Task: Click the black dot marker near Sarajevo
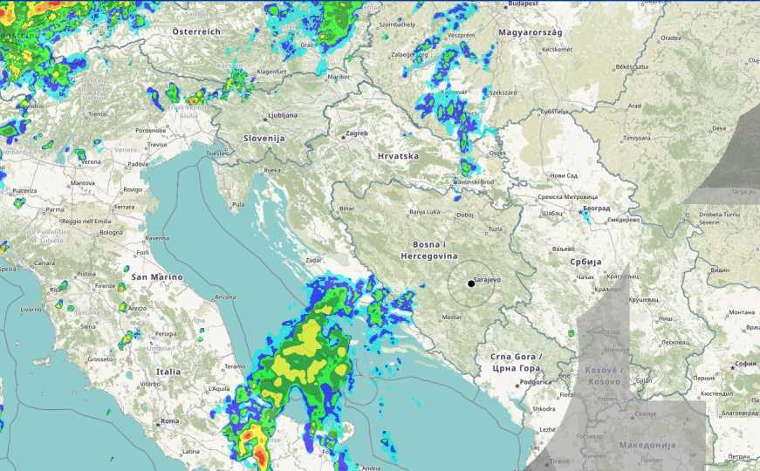[x=471, y=283]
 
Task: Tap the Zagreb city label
[x=358, y=133]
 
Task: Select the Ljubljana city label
[x=283, y=115]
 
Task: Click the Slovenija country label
[x=264, y=139]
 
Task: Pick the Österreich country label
[x=196, y=31]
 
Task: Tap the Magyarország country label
[x=531, y=32]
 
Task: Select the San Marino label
[x=157, y=276]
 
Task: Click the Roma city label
[x=168, y=421]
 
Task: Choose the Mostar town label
[x=451, y=317]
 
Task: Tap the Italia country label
[x=168, y=372]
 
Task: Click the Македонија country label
[x=647, y=445]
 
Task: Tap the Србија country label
[x=585, y=262]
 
